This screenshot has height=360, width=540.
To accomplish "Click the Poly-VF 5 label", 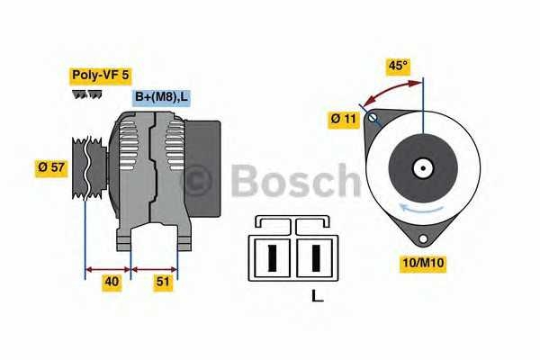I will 101,76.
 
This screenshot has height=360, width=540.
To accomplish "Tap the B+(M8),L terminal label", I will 162,97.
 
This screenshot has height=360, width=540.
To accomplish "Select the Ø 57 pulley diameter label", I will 50,166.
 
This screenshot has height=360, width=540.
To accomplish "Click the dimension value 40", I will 112,282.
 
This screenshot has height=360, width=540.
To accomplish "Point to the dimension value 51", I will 164,282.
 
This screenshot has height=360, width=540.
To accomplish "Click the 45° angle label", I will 398,65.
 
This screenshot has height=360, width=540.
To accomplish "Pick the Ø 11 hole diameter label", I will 345,118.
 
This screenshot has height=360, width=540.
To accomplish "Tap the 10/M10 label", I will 423,263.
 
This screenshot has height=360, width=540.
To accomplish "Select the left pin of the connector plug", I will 272,256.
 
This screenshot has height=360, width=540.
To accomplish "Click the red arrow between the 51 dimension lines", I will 155,267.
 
